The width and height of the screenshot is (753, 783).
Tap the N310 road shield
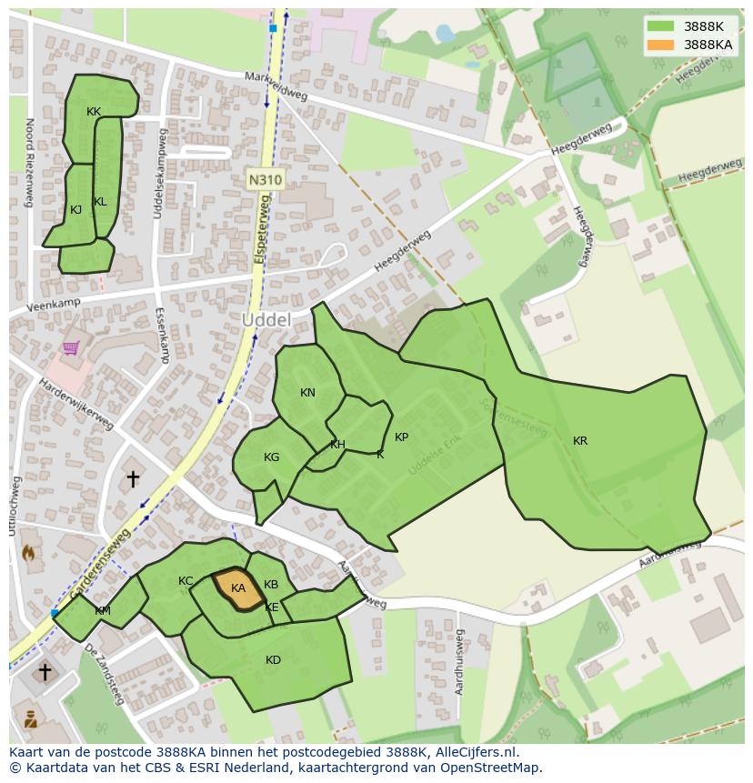tap(265, 180)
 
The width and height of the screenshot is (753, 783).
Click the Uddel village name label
tap(266, 320)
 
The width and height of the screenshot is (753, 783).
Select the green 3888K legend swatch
tap(661, 26)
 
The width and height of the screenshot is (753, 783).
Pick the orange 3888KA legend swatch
tap(661, 45)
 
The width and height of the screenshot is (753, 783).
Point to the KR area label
tap(580, 441)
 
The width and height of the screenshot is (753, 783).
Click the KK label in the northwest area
tap(94, 112)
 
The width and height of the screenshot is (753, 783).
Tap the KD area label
tap(273, 660)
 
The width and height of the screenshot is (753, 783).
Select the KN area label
tap(307, 393)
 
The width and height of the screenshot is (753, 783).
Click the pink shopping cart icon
tap(71, 347)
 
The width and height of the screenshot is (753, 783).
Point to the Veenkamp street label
tap(54, 305)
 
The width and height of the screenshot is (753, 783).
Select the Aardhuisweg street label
tap(459, 661)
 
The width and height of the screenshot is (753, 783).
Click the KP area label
tap(401, 437)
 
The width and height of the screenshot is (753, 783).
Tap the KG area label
tap(271, 457)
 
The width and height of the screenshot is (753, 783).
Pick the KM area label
tap(103, 611)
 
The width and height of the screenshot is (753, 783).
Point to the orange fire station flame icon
tap(27, 551)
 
